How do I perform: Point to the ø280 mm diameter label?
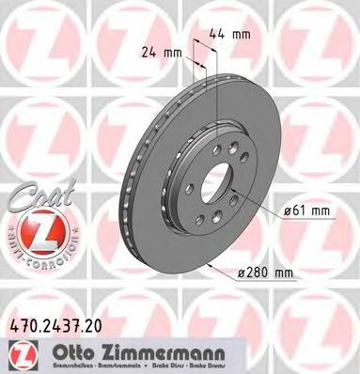pos(268,273)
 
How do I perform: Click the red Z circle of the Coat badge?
pos(33,230)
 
